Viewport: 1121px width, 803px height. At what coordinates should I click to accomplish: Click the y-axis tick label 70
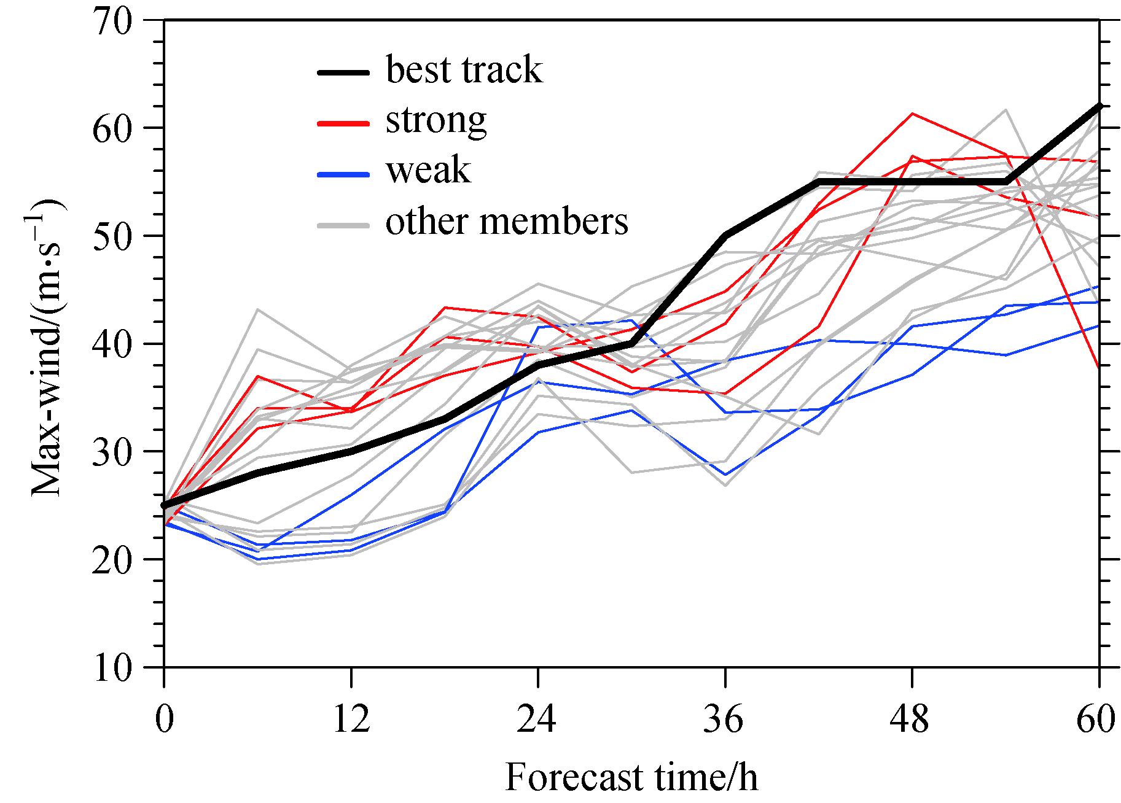[112, 22]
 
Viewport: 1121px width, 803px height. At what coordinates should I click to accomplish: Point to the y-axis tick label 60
[112, 130]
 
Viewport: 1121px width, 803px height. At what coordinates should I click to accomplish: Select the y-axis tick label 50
[112, 237]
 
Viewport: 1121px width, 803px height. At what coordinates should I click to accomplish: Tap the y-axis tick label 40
[112, 345]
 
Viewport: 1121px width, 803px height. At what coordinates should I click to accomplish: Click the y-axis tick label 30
[112, 452]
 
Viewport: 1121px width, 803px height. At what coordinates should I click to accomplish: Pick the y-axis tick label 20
[112, 561]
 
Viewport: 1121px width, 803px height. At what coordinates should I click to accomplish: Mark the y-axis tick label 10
[112, 668]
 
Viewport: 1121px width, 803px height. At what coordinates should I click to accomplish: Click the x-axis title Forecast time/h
[631, 778]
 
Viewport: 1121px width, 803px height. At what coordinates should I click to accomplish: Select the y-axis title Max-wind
[47, 347]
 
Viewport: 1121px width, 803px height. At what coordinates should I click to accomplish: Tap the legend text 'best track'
[464, 69]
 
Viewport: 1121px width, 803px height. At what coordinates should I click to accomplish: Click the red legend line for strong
[343, 123]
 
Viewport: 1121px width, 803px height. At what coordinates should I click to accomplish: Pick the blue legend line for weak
[343, 174]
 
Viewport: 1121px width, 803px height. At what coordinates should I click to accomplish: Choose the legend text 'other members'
[507, 222]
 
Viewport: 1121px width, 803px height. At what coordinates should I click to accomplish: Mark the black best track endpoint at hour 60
[1099, 106]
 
